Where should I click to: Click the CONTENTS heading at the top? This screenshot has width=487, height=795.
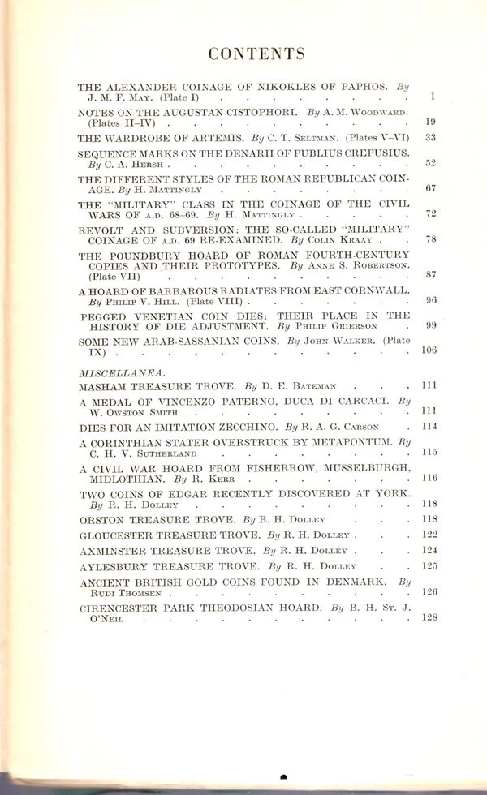256,54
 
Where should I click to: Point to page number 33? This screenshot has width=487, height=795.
430,138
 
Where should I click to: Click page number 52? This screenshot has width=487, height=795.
430,164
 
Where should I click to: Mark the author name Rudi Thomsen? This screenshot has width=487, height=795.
123,593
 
